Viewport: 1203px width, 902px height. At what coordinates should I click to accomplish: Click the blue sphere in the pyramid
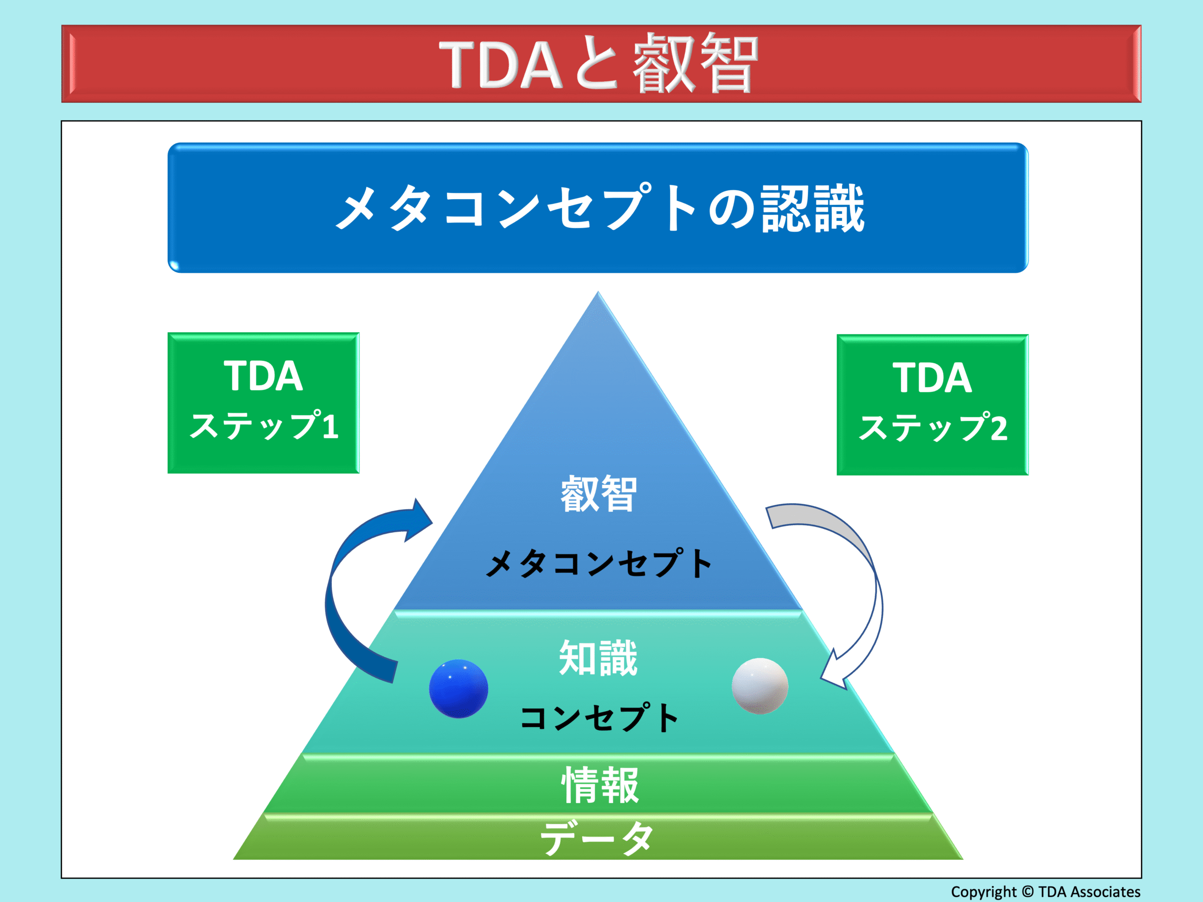point(459,688)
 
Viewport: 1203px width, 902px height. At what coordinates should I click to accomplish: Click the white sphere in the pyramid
point(760,685)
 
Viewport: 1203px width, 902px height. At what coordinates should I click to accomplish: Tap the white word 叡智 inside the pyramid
point(598,493)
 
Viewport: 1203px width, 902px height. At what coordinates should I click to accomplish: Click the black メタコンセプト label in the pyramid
point(598,563)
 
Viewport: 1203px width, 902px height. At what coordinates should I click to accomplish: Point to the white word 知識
point(598,657)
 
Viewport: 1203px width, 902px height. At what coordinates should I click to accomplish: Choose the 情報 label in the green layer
point(600,785)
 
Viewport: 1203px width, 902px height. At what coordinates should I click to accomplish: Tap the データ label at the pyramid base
point(597,837)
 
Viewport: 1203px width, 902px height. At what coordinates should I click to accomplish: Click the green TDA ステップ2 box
point(932,404)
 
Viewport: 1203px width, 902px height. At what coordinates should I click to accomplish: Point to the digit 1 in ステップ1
point(331,425)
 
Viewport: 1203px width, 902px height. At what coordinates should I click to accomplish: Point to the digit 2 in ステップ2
point(999,428)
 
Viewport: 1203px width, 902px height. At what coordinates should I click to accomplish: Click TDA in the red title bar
point(500,65)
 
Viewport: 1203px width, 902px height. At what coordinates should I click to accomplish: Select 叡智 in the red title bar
point(695,62)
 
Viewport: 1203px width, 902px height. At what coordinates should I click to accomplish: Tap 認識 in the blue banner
point(813,208)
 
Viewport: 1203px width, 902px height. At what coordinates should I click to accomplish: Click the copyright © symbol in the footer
point(1027,892)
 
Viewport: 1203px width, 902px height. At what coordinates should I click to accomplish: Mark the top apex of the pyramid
point(598,292)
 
